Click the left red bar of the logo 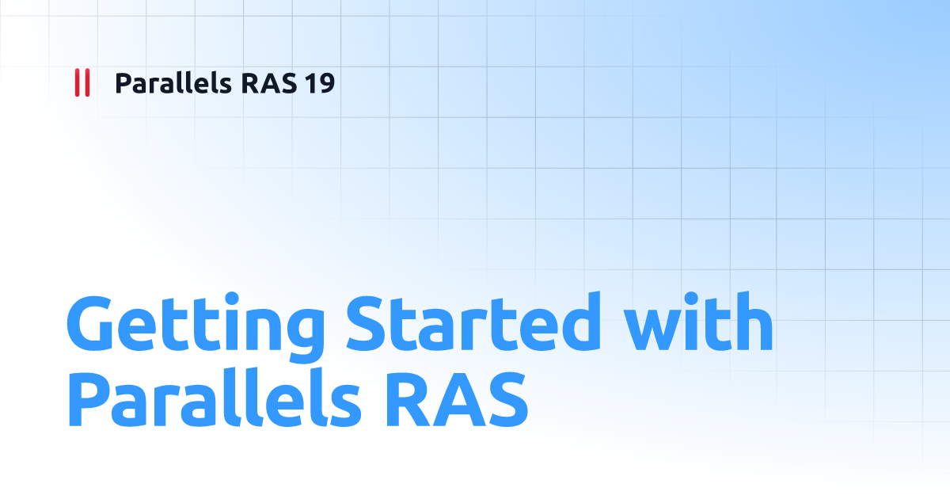78,82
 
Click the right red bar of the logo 87,82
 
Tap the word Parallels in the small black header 173,82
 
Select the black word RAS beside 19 269,83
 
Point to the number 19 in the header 319,83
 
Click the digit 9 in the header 326,83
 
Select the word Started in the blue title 473,322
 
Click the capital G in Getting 90,322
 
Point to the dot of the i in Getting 232,299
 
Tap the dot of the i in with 691,299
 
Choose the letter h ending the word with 755,321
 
